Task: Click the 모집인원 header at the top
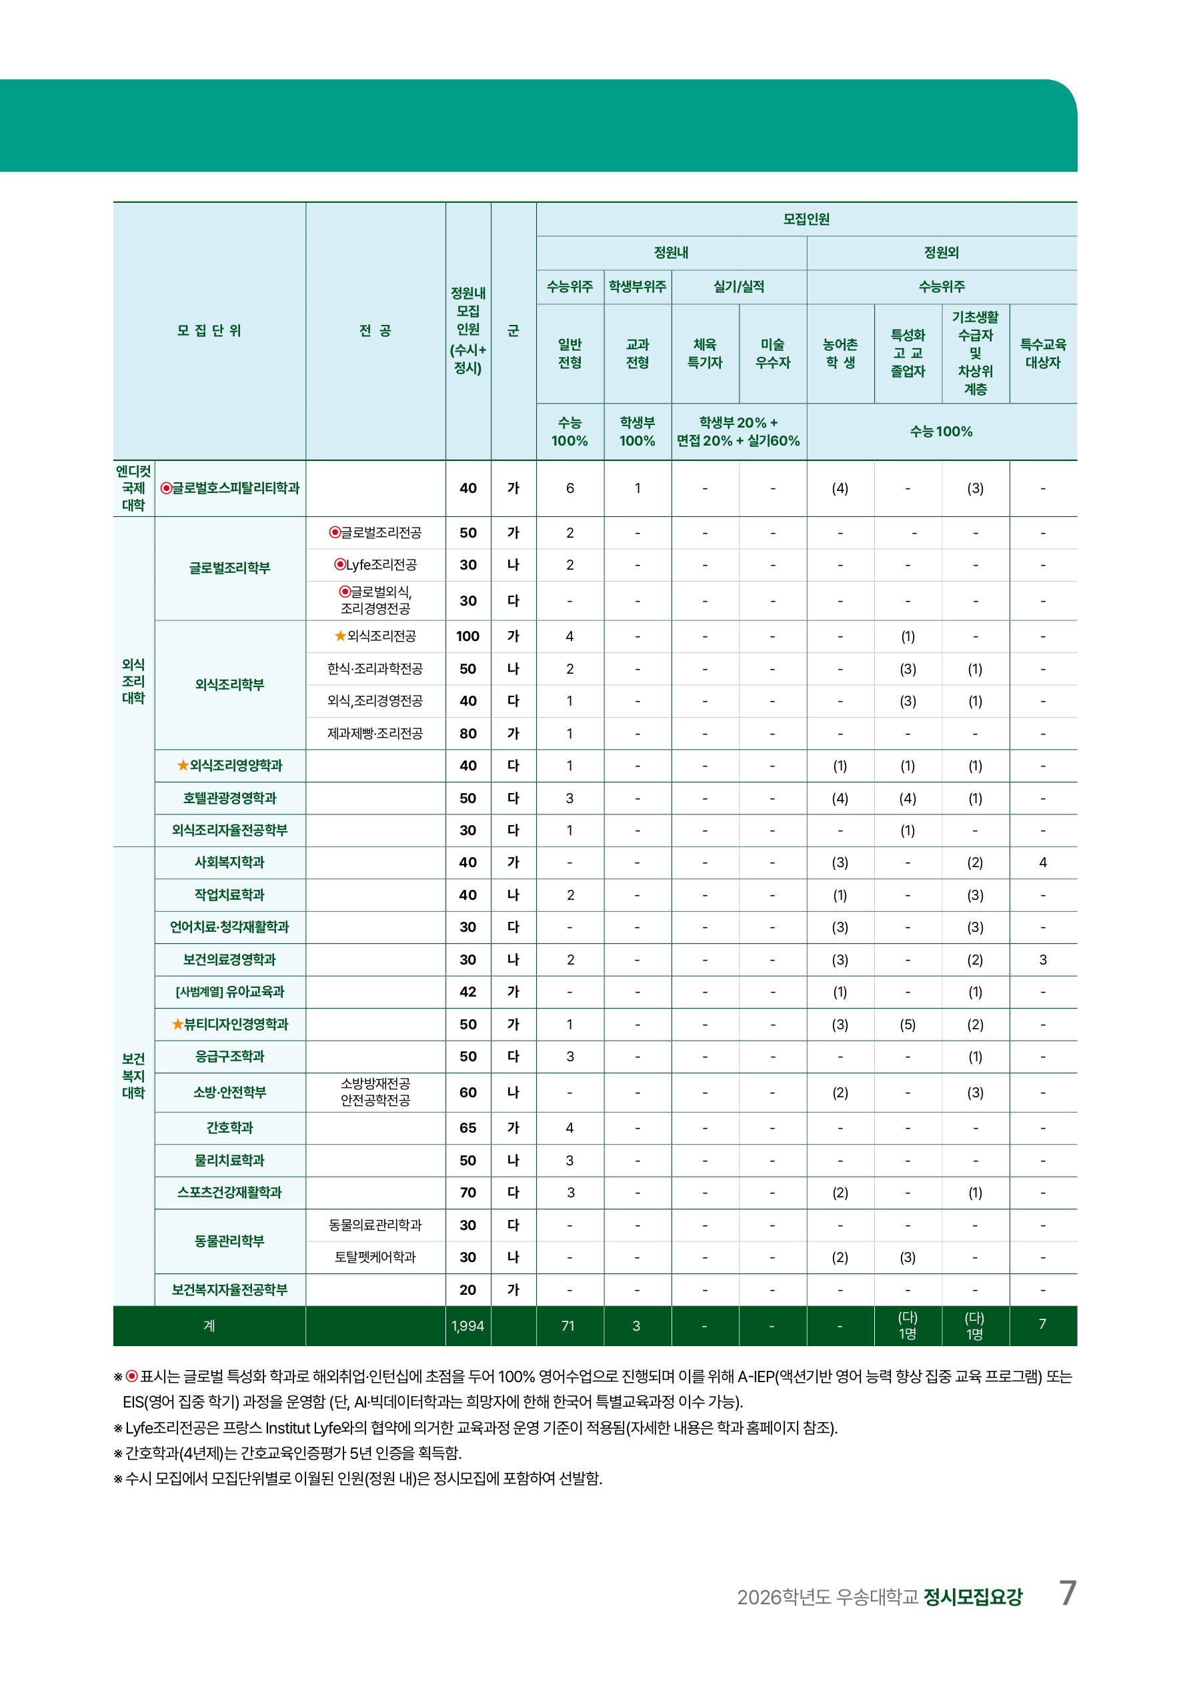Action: tap(806, 219)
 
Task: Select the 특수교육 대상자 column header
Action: tap(1043, 353)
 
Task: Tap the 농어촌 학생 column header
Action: tap(840, 353)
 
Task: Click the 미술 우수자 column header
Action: tap(773, 353)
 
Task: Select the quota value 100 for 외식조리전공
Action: tap(467, 636)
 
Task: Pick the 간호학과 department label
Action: tap(229, 1127)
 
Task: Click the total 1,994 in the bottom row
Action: tap(467, 1325)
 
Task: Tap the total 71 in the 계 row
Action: tap(568, 1325)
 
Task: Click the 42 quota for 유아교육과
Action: tap(467, 991)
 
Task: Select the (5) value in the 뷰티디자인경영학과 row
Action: tap(908, 1025)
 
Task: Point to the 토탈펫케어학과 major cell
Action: tap(375, 1257)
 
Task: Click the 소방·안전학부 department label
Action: tap(229, 1092)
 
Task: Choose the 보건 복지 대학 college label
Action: tap(133, 1076)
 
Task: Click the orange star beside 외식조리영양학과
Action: tap(183, 765)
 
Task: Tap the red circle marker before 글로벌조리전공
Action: tap(335, 532)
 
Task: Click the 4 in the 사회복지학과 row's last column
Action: tap(1043, 863)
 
